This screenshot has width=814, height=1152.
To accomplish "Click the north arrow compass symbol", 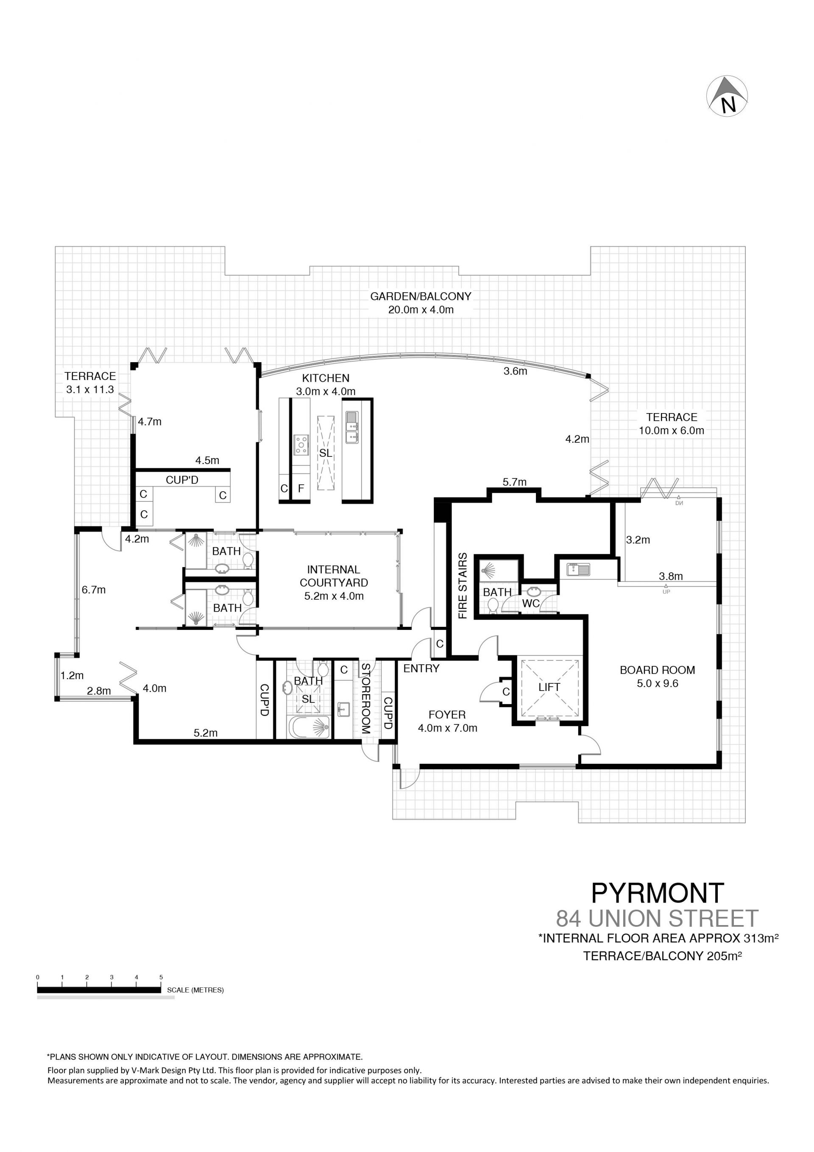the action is coord(727,96).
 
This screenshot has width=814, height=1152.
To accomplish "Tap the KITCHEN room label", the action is coord(326,378).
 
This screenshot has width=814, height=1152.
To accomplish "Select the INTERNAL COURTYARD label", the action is coord(334,576).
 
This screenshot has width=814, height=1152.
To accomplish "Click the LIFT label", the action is coord(549,688).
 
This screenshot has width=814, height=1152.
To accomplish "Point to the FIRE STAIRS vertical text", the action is coord(463,585).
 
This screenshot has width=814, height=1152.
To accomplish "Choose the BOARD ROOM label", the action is coord(657,670).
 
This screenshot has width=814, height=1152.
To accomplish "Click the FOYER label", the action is coord(447,714).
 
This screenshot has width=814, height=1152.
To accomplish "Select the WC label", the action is coord(531,604).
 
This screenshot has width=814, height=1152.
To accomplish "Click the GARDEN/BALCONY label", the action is coord(421,296).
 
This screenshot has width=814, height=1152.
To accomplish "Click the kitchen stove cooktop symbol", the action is coord(301,445).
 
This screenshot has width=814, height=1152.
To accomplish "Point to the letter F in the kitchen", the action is coord(301,488).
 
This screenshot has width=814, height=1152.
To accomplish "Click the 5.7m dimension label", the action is coord(515,482).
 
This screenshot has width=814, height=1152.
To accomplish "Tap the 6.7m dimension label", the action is coord(94,590).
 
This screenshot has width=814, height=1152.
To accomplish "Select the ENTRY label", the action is coord(421,668).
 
